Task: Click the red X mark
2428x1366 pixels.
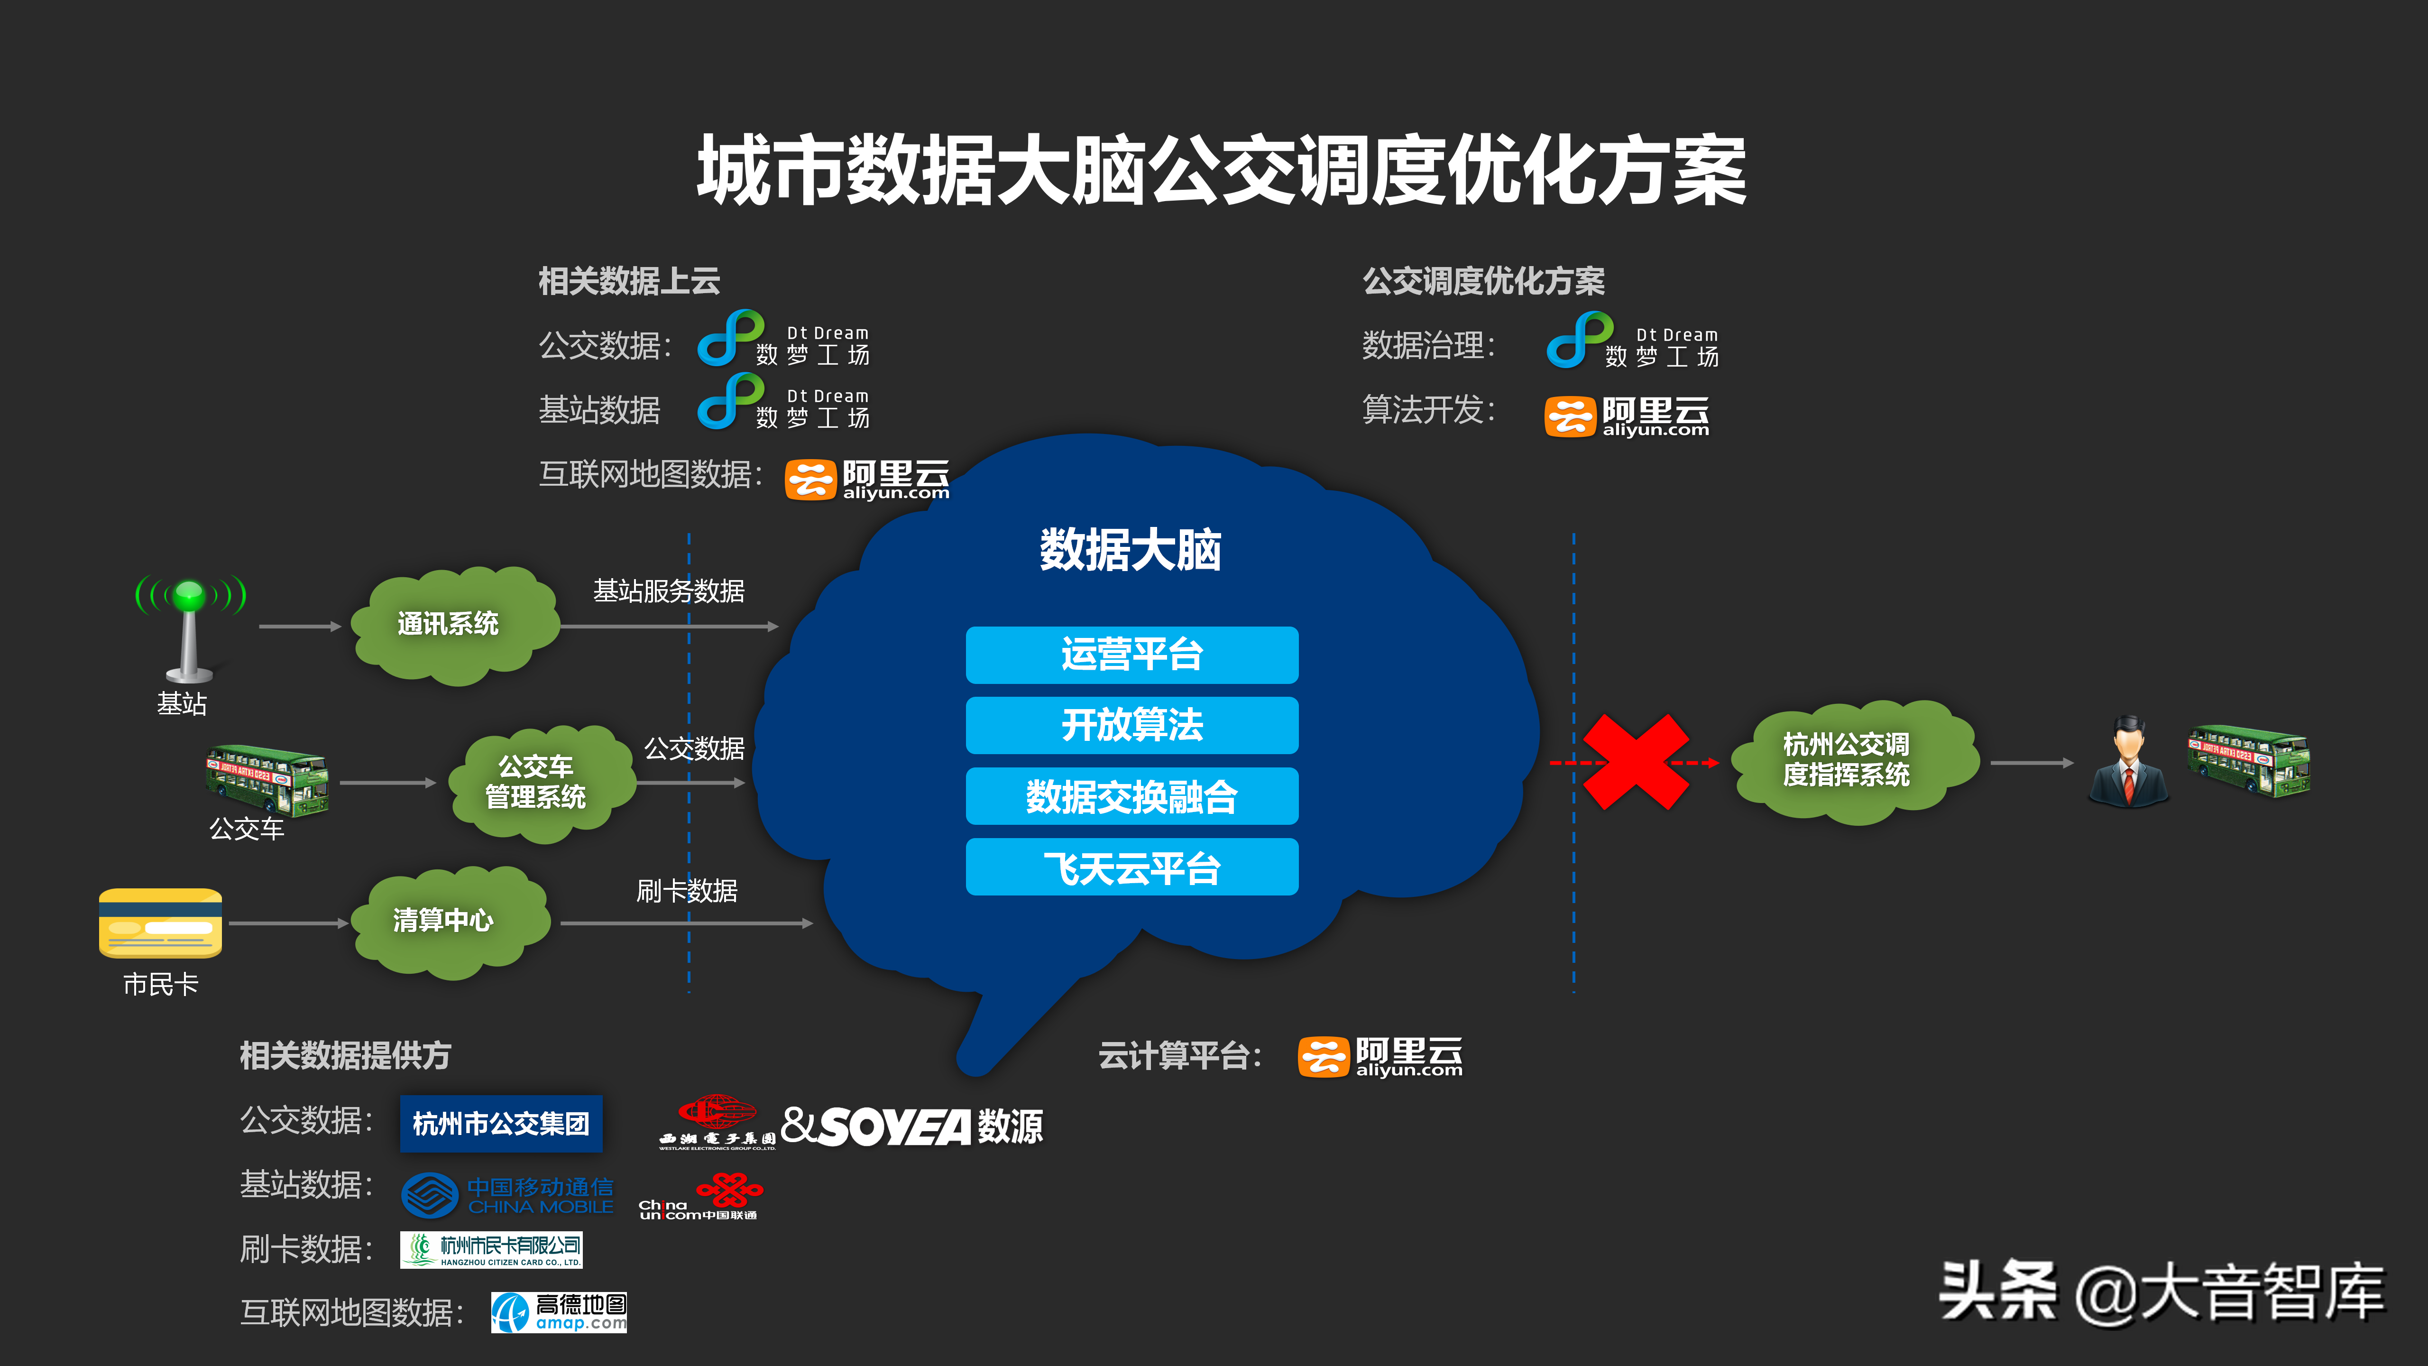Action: [1635, 762]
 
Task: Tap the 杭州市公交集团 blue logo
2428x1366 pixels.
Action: [500, 1124]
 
